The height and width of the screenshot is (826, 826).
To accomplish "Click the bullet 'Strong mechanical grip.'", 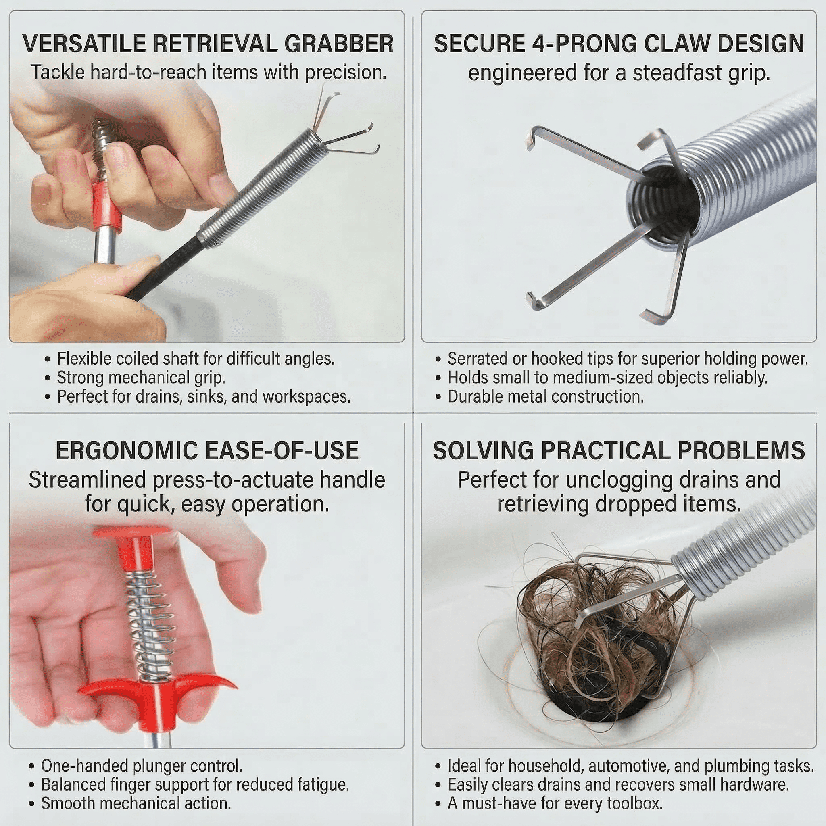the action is tap(141, 378).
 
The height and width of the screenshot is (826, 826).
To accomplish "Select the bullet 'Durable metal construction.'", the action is tap(546, 397).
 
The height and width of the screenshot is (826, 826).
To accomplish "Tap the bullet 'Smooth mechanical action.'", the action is tap(136, 804).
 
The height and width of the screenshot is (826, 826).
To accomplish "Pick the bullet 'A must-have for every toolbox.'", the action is tap(555, 804).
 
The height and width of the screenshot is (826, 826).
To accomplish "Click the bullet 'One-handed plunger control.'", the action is tap(142, 766).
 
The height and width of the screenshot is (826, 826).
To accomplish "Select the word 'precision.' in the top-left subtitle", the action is tap(346, 72).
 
